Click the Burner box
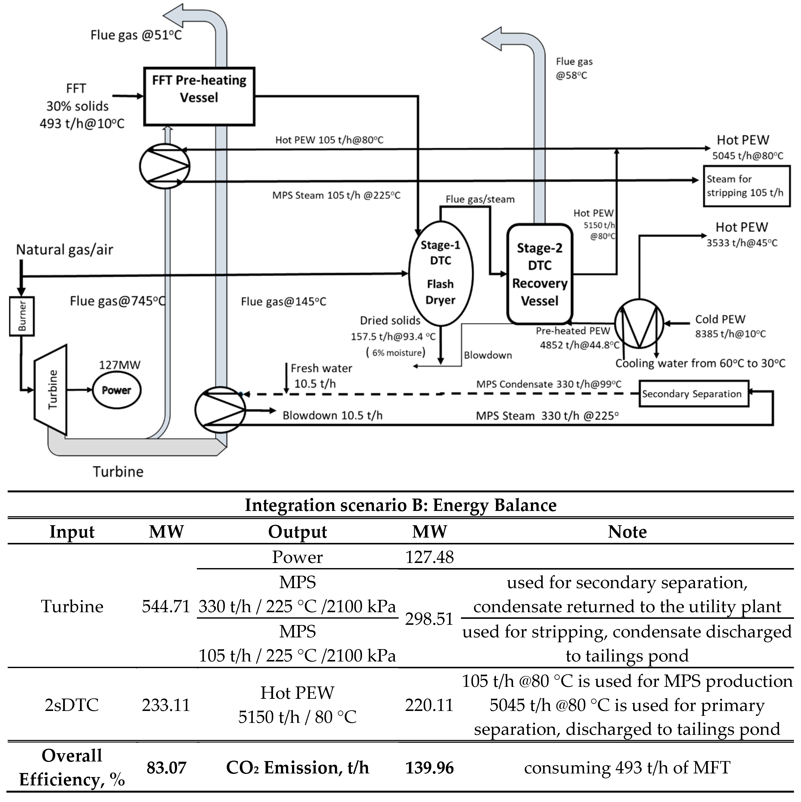[x=22, y=316]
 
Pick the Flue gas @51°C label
[x=136, y=35]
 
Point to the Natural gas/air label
[x=64, y=249]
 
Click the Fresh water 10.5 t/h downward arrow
[x=286, y=378]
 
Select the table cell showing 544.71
[x=166, y=606]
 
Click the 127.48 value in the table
[x=429, y=557]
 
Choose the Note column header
[x=627, y=532]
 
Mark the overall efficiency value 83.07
[x=166, y=767]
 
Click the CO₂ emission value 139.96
[x=429, y=767]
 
